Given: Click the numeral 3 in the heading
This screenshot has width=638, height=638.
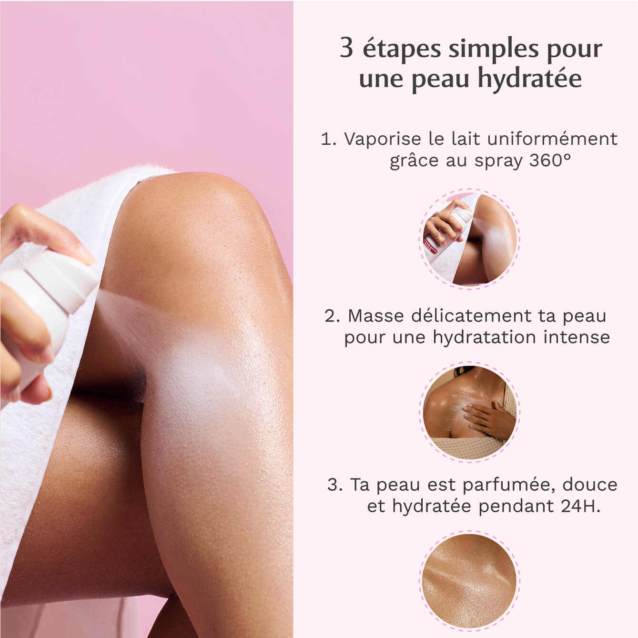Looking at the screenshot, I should click(x=346, y=48).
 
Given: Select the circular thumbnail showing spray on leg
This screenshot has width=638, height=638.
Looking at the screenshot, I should click(x=469, y=239).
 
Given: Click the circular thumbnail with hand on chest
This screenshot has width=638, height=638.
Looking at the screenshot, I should click(x=469, y=411).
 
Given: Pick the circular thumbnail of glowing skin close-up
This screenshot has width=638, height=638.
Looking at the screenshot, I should click(x=469, y=580).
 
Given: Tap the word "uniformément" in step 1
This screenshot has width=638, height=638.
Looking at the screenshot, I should click(x=553, y=139).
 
